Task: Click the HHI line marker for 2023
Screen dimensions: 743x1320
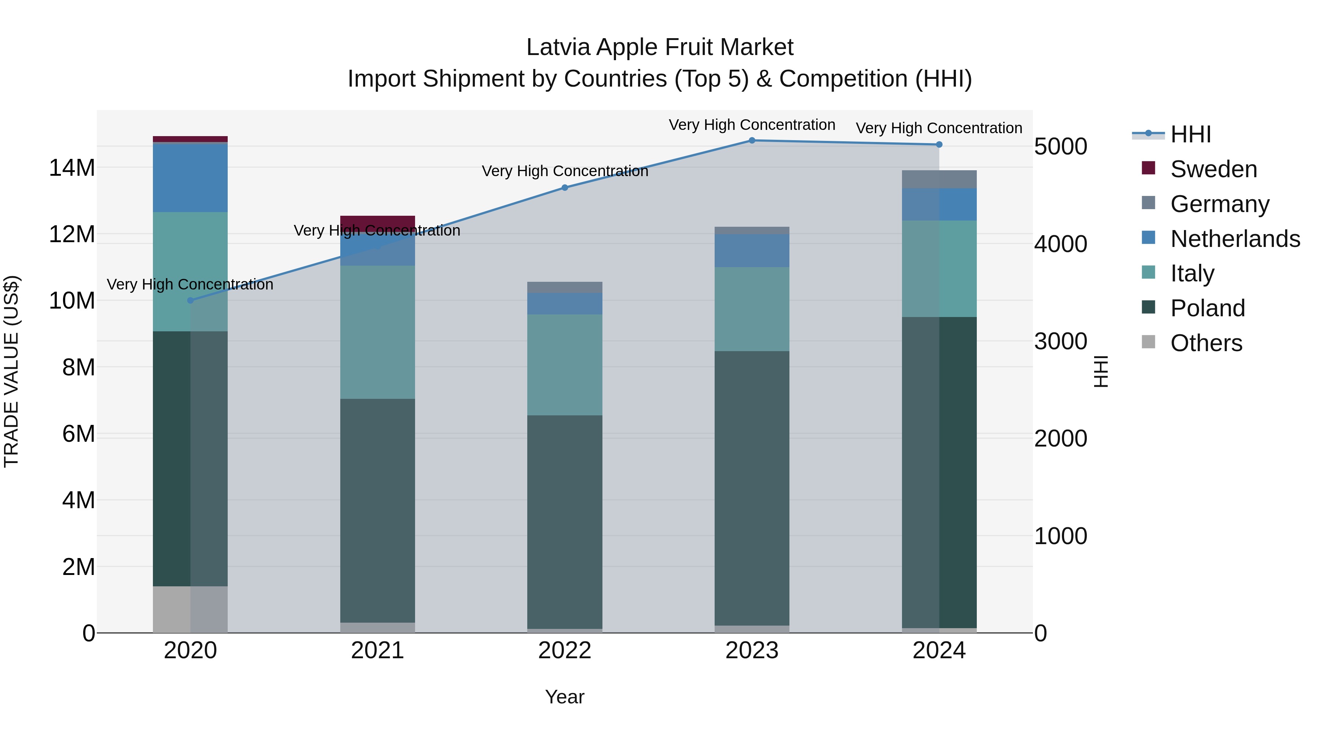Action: point(752,141)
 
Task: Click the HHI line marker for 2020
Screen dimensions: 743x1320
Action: point(191,301)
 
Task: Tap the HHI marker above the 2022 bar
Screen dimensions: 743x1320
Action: point(565,187)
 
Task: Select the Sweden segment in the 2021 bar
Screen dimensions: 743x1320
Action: point(378,223)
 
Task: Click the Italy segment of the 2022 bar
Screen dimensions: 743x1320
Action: point(565,365)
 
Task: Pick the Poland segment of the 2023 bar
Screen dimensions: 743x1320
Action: point(752,488)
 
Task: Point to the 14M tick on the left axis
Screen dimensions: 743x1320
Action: point(72,168)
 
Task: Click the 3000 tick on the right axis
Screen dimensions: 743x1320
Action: point(1060,342)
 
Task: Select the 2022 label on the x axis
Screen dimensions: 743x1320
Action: point(565,651)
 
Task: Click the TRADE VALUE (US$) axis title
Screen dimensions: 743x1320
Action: point(12,371)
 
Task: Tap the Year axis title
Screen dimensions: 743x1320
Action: point(565,697)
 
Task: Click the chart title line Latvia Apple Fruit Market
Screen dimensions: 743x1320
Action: point(660,47)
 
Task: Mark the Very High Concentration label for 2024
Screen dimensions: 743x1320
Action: point(939,128)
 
